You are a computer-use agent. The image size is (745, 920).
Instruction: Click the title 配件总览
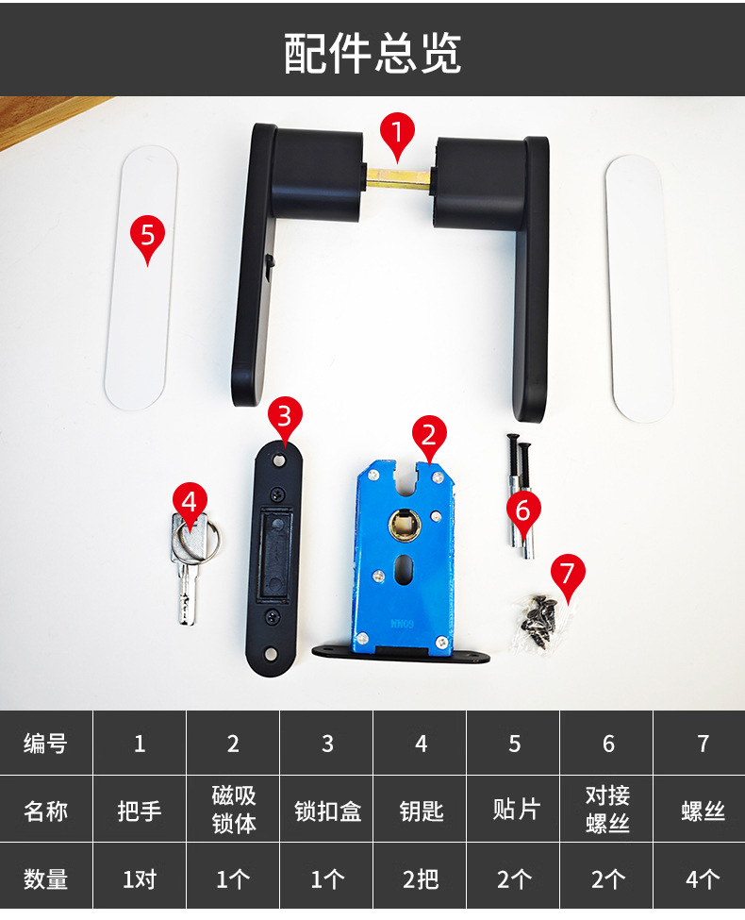point(372,53)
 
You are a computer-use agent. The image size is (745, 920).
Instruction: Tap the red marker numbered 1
point(397,134)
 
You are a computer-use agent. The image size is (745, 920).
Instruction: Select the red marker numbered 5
point(147,237)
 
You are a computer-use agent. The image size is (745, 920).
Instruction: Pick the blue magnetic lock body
point(405,557)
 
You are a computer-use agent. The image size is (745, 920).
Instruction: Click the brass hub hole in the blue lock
point(405,523)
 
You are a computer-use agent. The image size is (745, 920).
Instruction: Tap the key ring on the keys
point(197,541)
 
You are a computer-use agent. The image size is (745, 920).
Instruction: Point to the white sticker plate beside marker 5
point(141,278)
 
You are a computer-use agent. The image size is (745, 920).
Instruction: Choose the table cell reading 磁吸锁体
point(234,810)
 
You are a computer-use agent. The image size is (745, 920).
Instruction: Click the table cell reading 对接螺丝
point(607,810)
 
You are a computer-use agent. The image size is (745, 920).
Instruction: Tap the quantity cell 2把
point(421,878)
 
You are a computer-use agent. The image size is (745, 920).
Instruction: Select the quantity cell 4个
point(703,878)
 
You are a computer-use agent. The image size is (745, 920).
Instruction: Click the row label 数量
point(46,878)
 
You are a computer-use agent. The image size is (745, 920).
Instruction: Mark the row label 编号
point(46,744)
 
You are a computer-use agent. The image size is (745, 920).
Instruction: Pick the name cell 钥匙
point(421,811)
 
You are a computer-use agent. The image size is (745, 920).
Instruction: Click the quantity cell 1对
point(140,878)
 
